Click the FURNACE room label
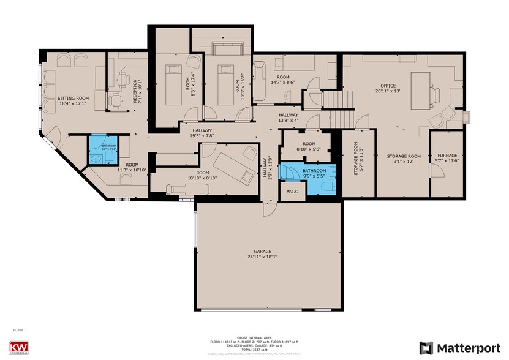(x=447, y=156)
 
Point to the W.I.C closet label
(x=292, y=191)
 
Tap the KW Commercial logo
(x=22, y=346)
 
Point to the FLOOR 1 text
(x=19, y=330)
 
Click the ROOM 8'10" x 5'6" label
(x=304, y=146)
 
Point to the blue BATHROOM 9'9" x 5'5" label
(x=314, y=174)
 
